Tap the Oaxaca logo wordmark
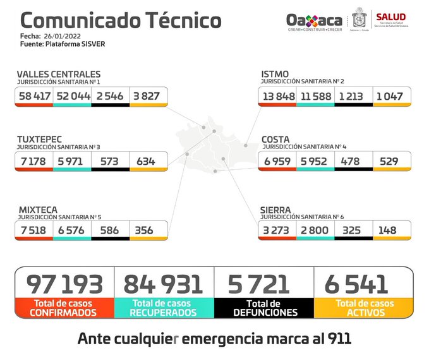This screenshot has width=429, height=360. pos(313,20)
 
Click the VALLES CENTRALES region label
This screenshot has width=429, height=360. pos(58,75)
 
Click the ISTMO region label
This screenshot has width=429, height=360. pos(275,75)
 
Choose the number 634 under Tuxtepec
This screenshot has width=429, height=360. pos(145,161)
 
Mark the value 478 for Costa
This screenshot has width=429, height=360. pos(353,161)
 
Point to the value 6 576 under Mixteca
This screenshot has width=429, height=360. pos(71,230)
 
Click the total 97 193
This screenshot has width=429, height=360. pos(64,284)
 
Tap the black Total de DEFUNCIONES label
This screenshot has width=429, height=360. pos(264,308)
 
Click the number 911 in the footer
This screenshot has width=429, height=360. pos(335,339)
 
